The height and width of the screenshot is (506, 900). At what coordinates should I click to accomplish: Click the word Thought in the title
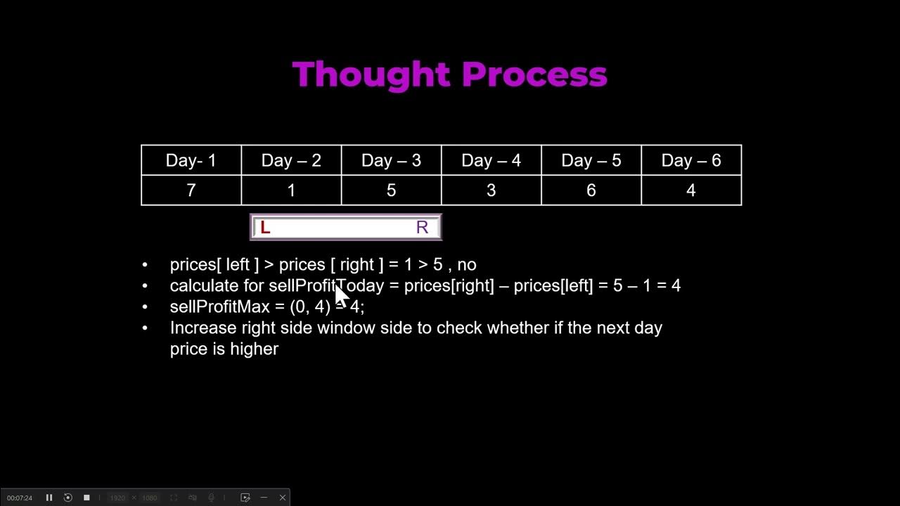click(x=371, y=74)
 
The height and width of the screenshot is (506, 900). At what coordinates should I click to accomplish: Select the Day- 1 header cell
click(x=191, y=160)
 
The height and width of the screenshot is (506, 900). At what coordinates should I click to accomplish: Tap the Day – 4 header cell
click(x=491, y=160)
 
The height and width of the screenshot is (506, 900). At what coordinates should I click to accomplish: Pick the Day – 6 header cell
click(x=690, y=160)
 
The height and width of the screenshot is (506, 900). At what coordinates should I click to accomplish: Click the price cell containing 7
click(x=191, y=190)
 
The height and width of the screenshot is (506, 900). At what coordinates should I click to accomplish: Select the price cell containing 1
click(x=291, y=190)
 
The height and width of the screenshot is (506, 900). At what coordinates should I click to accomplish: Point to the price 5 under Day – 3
click(x=391, y=190)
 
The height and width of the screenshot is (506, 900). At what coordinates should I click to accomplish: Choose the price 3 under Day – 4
click(x=491, y=190)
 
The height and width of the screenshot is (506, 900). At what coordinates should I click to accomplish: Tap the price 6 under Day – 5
click(x=591, y=190)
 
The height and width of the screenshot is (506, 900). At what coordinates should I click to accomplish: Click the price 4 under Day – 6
click(x=690, y=190)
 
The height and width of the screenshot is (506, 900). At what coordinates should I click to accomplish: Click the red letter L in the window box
click(x=265, y=228)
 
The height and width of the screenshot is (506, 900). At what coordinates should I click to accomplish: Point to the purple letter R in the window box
click(x=422, y=228)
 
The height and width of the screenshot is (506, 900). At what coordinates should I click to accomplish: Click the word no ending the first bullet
click(x=467, y=265)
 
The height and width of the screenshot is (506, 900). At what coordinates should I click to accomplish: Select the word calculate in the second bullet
click(x=204, y=286)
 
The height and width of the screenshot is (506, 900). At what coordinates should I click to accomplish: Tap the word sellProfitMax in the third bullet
click(x=219, y=307)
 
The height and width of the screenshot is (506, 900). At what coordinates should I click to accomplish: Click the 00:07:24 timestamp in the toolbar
click(x=20, y=498)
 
